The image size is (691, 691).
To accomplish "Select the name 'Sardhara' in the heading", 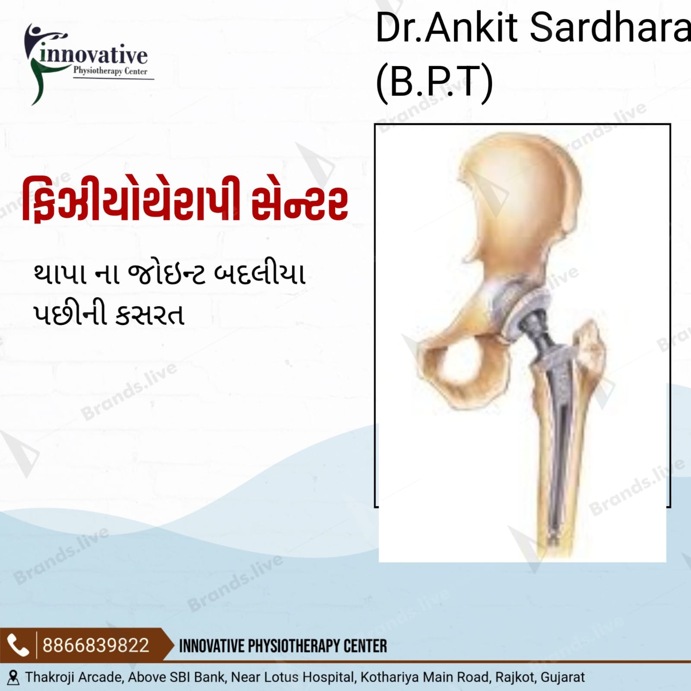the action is (610, 28).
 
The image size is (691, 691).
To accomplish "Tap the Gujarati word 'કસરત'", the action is (150, 314).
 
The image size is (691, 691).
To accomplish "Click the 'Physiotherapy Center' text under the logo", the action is (110, 71).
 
